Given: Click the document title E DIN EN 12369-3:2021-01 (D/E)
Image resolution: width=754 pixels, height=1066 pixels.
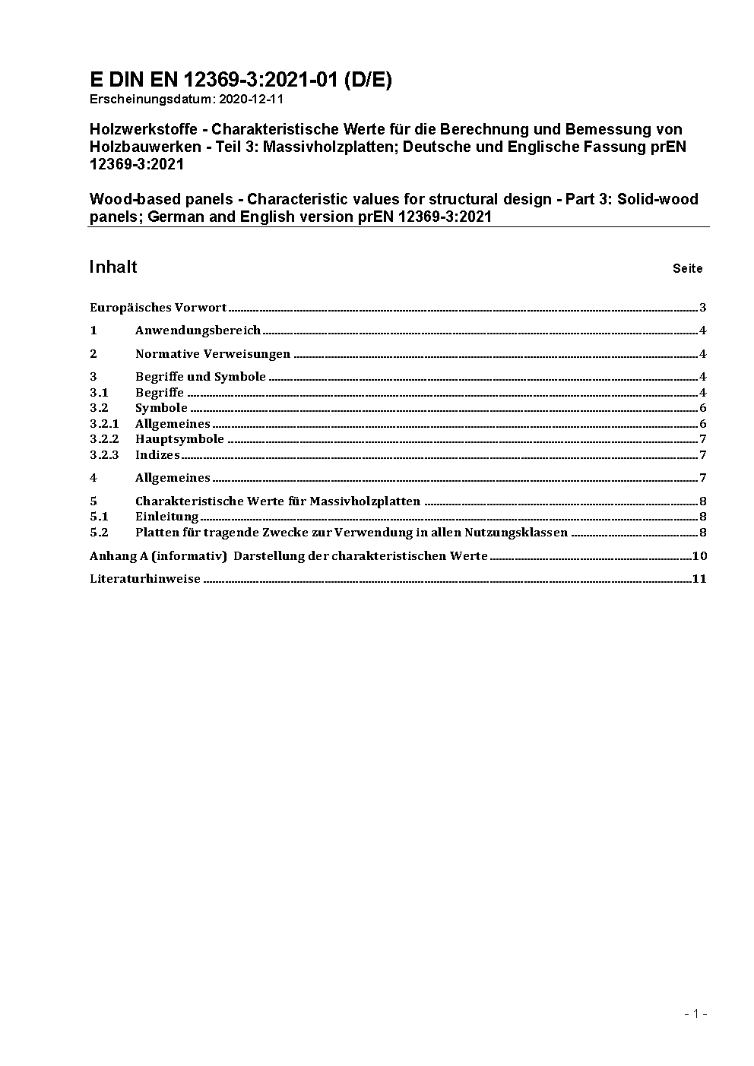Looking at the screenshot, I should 240,80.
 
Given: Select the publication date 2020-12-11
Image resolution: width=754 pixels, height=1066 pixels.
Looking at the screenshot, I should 251,99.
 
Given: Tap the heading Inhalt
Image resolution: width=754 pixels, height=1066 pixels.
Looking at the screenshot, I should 113,267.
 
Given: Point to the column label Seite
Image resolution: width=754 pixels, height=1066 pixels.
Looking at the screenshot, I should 687,268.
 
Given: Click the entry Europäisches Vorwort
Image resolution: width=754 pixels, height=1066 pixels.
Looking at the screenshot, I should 158,308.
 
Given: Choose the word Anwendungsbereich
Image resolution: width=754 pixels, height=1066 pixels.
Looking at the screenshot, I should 198,331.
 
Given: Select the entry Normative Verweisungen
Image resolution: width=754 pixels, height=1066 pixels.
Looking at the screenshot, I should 213,353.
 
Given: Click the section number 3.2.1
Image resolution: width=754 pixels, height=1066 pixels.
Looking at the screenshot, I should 104,424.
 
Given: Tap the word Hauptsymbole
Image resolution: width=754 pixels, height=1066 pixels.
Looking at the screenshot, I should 179,439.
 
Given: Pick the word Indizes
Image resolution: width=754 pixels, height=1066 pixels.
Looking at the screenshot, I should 157,455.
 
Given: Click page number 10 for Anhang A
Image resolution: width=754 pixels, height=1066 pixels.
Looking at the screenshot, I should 699,555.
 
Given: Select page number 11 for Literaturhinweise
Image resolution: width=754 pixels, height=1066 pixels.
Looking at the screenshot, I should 699,578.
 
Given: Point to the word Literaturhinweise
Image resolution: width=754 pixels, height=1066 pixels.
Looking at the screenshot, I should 145,578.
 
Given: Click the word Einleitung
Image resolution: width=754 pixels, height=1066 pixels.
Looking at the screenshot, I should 166,517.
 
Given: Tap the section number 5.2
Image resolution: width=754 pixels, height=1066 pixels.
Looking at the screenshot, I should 99,533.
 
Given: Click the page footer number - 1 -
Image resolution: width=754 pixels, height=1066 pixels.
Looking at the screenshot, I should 695,1014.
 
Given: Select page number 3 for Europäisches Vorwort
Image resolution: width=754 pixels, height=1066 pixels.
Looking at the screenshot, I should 703,308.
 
